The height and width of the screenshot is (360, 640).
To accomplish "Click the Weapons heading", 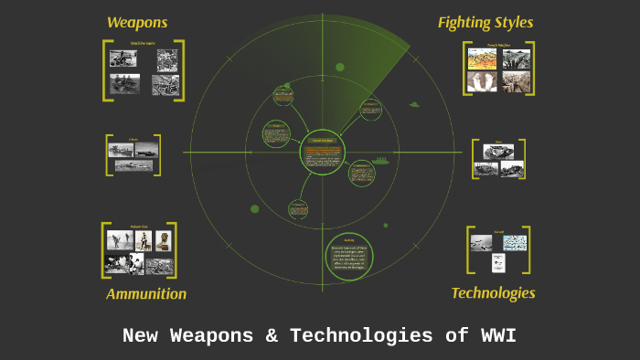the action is tap(137, 22).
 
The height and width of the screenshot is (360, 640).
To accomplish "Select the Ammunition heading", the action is tap(146, 293).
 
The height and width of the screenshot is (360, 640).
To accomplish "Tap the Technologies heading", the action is tap(493, 292).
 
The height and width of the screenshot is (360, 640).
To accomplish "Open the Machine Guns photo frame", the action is tap(144, 71).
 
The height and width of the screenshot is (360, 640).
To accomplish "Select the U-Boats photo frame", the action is tap(133, 155).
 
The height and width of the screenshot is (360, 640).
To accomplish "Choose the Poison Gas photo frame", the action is tap(139, 250).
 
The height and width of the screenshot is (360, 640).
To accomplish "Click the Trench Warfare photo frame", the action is tap(498, 69).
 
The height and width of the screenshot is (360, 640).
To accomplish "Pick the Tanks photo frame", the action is tap(498, 159).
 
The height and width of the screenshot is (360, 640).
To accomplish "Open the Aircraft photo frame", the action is tap(498, 249).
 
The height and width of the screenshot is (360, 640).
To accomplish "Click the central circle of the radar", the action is tap(322, 152).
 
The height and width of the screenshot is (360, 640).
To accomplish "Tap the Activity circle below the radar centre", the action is tap(348, 256).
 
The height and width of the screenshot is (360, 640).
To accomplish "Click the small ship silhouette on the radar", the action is tap(379, 160).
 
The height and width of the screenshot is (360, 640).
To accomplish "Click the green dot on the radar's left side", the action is tap(255, 208).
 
